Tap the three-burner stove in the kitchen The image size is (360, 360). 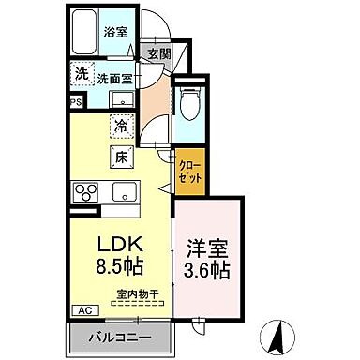(x=85, y=192)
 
